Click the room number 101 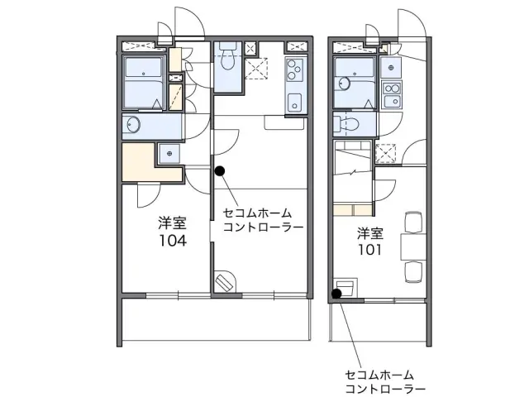369,249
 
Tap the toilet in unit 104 227,59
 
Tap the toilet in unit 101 346,125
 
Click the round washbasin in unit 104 132,125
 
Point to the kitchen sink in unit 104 294,103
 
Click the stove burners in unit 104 295,73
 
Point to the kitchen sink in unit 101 391,102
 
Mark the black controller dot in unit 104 219,171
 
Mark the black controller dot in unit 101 337,293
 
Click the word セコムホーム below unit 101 379,375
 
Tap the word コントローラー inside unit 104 263,227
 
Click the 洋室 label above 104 172,223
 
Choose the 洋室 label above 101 369,232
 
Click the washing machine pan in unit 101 386,153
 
